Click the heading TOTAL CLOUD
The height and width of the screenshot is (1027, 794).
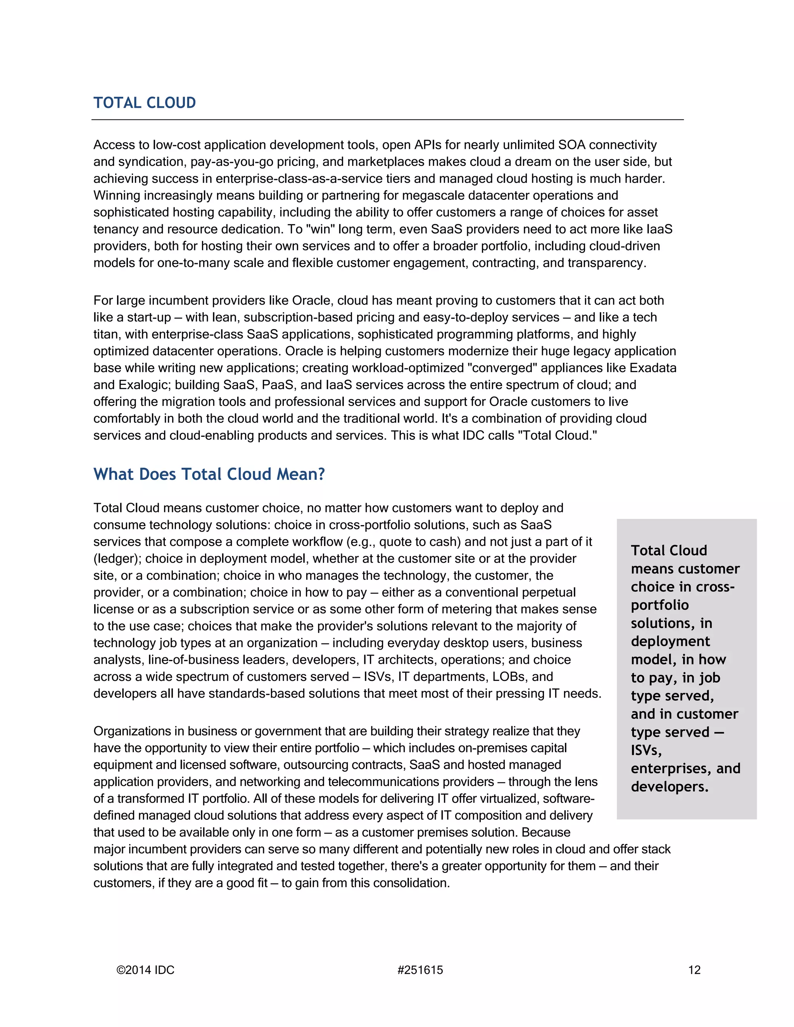point(144,103)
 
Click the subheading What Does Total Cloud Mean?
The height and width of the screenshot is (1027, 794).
point(209,474)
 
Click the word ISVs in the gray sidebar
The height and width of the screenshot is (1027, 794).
point(646,751)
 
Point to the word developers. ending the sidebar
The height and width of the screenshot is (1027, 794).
point(669,787)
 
